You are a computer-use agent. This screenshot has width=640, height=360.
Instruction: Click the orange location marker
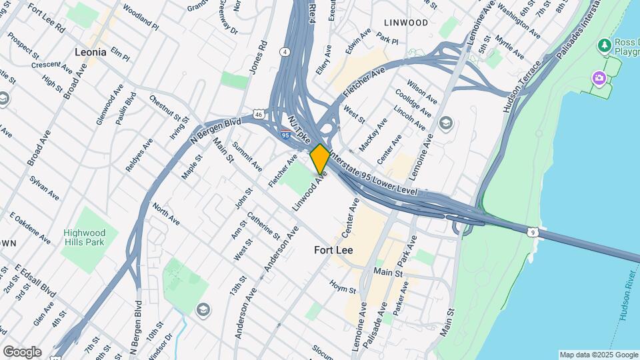[320, 158]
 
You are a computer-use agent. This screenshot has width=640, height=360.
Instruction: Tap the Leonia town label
[90, 51]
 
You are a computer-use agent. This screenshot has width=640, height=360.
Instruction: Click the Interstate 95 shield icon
[285, 134]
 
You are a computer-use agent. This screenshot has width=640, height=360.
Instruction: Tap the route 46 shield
[259, 115]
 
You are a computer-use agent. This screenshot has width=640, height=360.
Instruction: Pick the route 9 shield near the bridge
[531, 232]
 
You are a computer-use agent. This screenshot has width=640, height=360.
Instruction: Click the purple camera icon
[599, 79]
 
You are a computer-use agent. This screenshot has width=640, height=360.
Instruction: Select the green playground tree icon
[605, 45]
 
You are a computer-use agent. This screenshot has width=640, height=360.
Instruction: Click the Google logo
[22, 351]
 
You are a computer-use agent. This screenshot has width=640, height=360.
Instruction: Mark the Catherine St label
[263, 225]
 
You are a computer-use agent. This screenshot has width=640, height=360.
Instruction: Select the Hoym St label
[343, 287]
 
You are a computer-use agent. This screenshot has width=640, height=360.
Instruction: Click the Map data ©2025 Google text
[599, 355]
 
